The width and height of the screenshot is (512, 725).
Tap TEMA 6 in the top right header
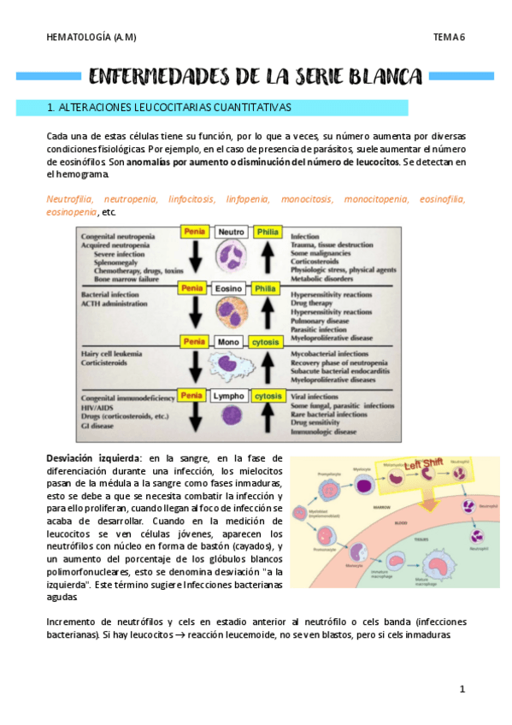(448, 37)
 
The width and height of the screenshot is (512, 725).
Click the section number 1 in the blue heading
(52, 108)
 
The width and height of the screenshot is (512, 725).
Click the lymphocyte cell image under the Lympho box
(232, 416)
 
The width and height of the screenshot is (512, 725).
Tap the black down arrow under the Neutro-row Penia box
(195, 259)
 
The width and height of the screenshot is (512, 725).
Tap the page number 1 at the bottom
(461, 688)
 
